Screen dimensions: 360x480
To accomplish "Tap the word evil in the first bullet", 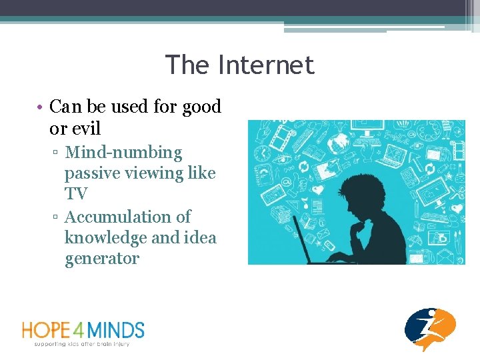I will pyautogui.click(x=84, y=127).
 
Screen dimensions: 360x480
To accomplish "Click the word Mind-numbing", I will pyautogui.click(x=123, y=153).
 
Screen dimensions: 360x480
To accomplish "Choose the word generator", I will pyautogui.click(x=102, y=258).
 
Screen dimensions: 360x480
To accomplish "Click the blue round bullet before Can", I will pyautogui.click(x=41, y=107).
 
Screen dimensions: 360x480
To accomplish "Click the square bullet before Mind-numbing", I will pyautogui.click(x=58, y=153).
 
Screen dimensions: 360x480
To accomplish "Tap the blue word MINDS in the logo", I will pyautogui.click(x=121, y=330).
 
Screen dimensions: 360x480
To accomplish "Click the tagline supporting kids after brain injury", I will pyautogui.click(x=82, y=344).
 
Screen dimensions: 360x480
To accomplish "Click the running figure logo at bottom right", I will pyautogui.click(x=431, y=329).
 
